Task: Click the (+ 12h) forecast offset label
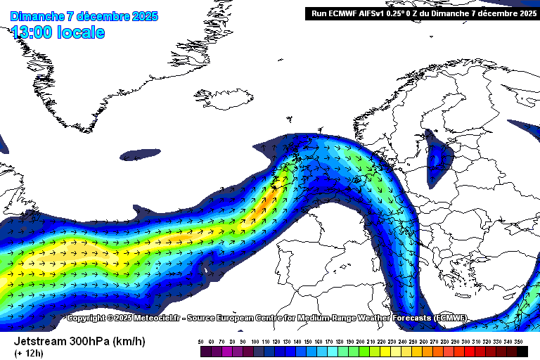point(29,353)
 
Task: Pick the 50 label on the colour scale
point(201,341)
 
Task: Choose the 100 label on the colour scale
point(255,341)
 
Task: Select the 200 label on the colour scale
point(361,341)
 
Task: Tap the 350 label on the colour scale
point(520,341)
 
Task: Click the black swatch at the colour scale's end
point(520,350)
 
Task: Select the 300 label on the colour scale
point(467,341)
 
